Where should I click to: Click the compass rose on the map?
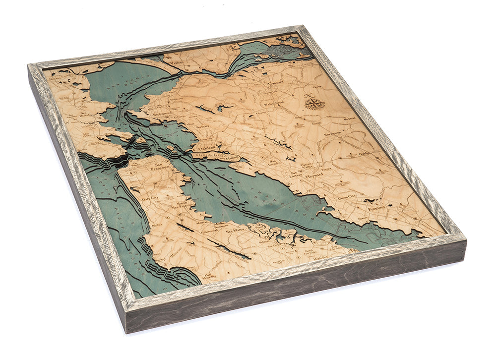coord(314,103)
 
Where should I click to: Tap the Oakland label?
coord(204,148)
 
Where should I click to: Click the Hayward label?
coord(313,176)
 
